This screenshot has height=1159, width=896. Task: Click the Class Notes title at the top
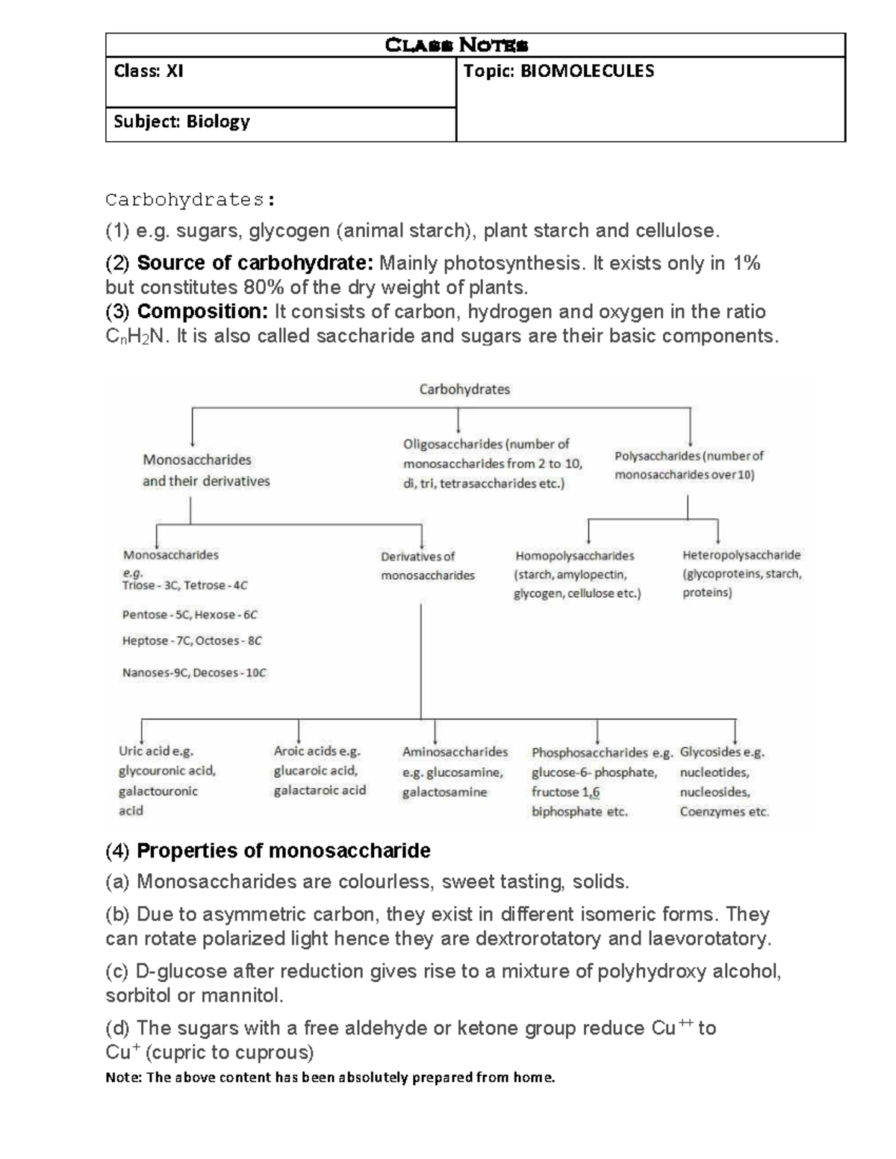456,46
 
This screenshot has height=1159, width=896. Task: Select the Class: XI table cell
149,72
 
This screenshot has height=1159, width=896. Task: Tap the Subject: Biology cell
181,122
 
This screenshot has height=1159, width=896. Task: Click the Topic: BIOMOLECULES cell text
559,72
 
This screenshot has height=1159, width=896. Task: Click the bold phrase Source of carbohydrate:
255,263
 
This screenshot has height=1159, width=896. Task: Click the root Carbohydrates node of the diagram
464,389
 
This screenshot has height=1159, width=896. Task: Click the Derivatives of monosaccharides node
427,566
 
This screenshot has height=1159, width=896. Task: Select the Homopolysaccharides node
574,556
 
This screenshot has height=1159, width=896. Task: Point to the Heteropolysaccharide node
741,555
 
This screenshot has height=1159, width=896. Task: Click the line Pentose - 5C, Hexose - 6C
190,615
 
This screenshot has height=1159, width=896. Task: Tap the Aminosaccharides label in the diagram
455,752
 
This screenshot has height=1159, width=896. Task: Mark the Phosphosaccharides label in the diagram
590,753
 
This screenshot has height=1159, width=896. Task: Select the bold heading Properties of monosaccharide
284,851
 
